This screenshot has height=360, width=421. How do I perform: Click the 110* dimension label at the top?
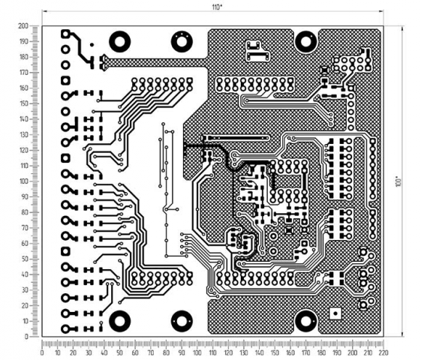217,7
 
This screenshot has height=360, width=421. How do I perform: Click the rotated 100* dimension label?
398,181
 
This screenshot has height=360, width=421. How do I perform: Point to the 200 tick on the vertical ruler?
23,26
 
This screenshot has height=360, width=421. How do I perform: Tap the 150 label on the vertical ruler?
26,103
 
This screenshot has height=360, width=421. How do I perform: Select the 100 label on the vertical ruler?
26,181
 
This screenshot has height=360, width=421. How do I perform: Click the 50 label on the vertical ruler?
26,259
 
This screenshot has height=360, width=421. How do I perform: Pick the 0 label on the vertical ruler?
26,337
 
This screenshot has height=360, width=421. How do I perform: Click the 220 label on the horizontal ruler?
383,352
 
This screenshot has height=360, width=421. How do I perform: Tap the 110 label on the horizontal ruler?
212,352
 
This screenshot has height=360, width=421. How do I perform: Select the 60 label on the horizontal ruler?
135,352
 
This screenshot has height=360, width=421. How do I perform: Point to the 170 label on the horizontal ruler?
306,352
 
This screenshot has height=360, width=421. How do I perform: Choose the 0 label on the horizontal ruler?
42,352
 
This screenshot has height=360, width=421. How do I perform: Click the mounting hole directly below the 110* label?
182,42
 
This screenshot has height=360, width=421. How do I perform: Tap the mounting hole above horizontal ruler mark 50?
120,321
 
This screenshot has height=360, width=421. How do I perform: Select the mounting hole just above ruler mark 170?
305,321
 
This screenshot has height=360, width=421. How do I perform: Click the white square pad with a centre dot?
335,313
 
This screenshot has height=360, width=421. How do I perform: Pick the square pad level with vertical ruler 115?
65,158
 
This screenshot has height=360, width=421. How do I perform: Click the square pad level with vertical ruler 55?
65,251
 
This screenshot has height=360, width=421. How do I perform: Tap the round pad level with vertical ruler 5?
65,329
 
